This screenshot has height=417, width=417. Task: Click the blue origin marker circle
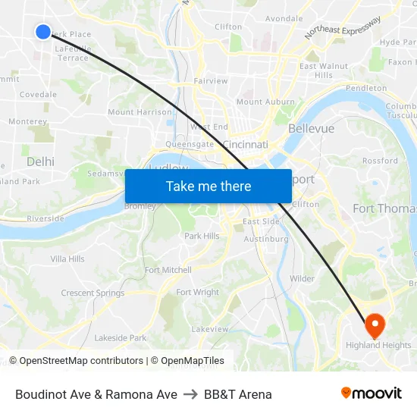tap(43, 31)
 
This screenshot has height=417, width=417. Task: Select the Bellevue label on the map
tap(311, 129)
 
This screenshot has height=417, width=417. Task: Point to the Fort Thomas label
tap(385, 208)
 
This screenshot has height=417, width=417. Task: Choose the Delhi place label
tap(40, 161)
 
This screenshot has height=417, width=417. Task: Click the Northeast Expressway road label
tap(343, 28)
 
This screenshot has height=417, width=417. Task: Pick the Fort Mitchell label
tap(168, 270)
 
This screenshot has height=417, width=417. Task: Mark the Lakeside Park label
tap(121, 338)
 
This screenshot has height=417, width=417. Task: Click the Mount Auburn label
tap(265, 102)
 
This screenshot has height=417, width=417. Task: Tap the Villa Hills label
tap(67, 259)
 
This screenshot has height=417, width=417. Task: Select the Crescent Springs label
tap(92, 293)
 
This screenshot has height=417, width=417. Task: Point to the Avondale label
tap(284, 18)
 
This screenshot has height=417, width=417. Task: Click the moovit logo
tap(372, 393)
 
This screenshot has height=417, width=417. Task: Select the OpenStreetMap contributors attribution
tap(81, 361)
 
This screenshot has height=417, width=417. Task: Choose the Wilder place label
tap(302, 278)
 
